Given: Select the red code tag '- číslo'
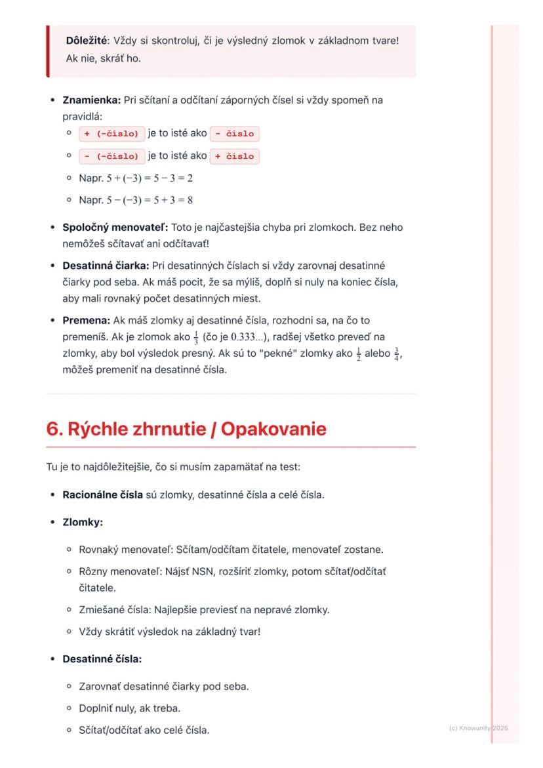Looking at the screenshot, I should pos(235,134).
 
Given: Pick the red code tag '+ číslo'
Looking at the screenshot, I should pos(235,156).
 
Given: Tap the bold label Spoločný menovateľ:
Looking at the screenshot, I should pos(115,228).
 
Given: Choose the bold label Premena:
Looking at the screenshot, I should pos(87,320).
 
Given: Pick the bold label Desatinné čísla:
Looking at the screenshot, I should pos(102,658).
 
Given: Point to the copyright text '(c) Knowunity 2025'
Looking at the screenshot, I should pos(479,728).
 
